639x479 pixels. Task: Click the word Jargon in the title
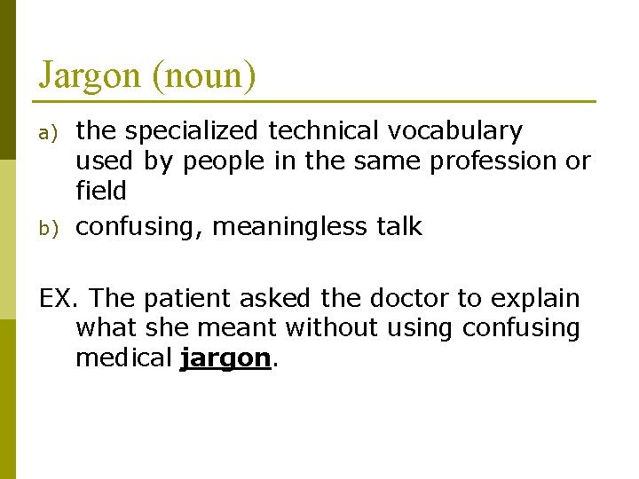[90, 76]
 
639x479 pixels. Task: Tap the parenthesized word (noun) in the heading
[204, 76]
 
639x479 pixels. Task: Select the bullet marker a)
[51, 132]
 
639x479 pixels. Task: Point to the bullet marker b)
[51, 228]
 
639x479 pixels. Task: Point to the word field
[101, 191]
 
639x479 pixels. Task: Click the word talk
[398, 227]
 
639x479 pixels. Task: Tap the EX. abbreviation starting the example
[60, 298]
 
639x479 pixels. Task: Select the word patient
[187, 298]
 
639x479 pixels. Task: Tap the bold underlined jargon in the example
[224, 358]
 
